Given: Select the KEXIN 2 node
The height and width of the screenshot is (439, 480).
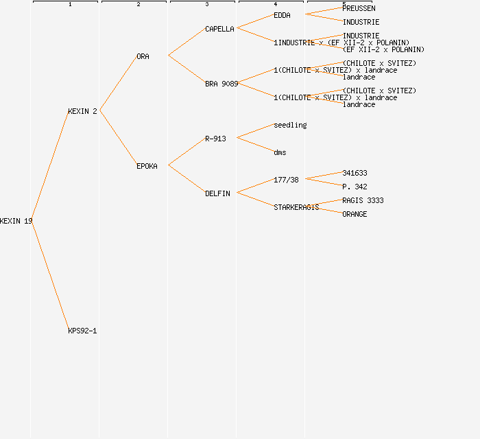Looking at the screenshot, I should pyautogui.click(x=82, y=111).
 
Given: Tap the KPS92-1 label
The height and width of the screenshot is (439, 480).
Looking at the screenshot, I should pyautogui.click(x=82, y=331).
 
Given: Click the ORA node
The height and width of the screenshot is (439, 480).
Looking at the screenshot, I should pyautogui.click(x=143, y=56).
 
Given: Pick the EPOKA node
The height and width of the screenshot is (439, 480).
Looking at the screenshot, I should pyautogui.click(x=147, y=166).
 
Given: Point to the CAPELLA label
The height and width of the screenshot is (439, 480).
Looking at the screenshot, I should pyautogui.click(x=219, y=29).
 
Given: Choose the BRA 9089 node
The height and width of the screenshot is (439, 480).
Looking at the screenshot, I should pyautogui.click(x=221, y=84).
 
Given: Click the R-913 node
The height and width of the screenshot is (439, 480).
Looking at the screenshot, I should pyautogui.click(x=215, y=139).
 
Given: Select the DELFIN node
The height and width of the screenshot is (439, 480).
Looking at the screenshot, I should pyautogui.click(x=217, y=193).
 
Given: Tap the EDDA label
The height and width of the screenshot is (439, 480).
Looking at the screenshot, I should pyautogui.click(x=282, y=15).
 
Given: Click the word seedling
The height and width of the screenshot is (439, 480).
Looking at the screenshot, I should pyautogui.click(x=290, y=125).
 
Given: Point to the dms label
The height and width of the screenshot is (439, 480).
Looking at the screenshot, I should pyautogui.click(x=280, y=152).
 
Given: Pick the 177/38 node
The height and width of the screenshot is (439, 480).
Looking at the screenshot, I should pyautogui.click(x=286, y=180).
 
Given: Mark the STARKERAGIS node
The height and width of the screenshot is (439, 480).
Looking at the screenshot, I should pyautogui.click(x=296, y=207).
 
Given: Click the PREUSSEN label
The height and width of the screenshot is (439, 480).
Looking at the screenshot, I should pyautogui.click(x=359, y=8).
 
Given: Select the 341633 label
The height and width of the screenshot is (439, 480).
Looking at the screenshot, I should pyautogui.click(x=355, y=173).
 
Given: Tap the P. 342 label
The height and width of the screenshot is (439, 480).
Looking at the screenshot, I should pyautogui.click(x=355, y=187).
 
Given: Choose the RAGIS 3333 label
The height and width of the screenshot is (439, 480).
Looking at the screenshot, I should pyautogui.click(x=363, y=200).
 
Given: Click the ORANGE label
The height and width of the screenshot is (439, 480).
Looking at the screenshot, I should pyautogui.click(x=355, y=214).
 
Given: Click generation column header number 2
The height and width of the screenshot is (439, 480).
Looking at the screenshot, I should pyautogui.click(x=138, y=5).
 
